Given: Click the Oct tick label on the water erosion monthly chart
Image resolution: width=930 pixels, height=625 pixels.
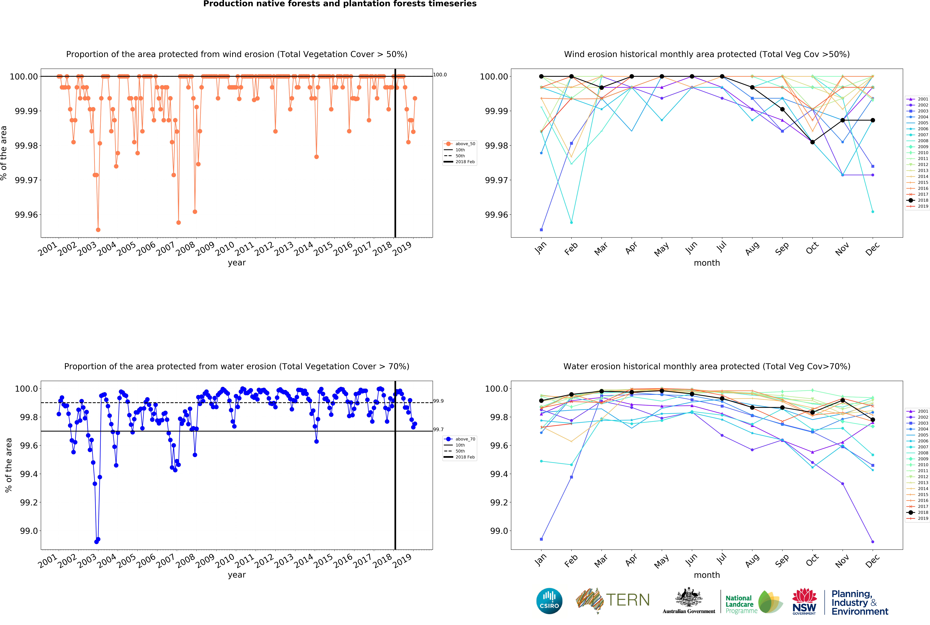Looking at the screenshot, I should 812,560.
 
